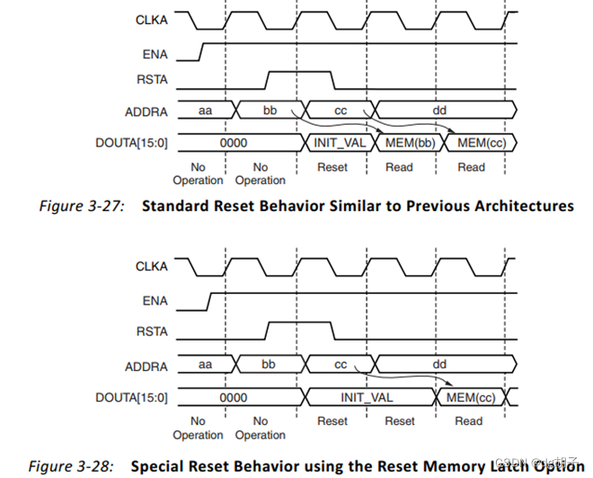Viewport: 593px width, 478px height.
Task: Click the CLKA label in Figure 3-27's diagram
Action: point(152,16)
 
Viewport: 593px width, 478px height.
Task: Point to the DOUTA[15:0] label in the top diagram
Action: point(132,143)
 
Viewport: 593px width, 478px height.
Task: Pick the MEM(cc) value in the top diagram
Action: point(481,143)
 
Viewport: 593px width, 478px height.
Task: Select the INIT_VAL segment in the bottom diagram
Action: point(367,396)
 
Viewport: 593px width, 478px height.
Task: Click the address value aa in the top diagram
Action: point(205,110)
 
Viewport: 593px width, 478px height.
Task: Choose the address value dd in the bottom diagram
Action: point(438,365)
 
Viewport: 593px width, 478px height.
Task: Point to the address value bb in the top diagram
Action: point(269,110)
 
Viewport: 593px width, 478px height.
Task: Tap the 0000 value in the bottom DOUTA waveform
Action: point(233,396)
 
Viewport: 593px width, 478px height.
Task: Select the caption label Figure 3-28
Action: point(71,466)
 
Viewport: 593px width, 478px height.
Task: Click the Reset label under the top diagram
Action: point(332,167)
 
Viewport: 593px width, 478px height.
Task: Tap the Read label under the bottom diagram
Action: point(468,420)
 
